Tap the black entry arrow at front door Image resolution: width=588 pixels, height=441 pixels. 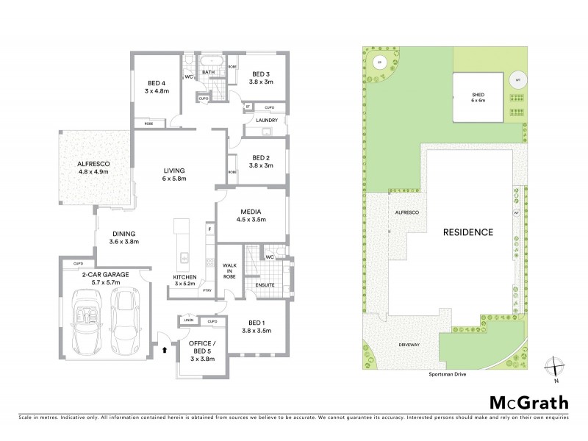165,351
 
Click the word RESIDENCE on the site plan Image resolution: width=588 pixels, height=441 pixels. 467,232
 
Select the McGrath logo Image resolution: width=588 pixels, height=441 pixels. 528,402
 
